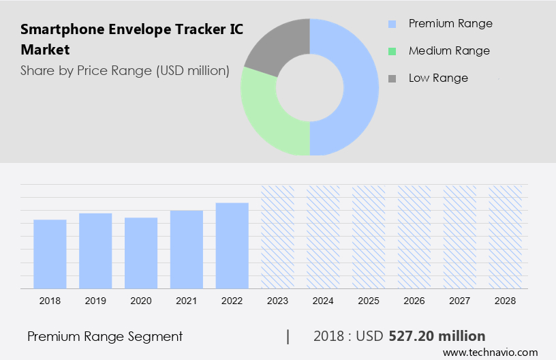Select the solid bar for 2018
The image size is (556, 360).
(50, 254)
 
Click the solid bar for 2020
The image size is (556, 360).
(141, 253)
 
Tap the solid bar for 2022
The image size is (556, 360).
(232, 245)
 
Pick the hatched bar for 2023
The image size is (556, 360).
(278, 237)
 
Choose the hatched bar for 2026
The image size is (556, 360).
(415, 237)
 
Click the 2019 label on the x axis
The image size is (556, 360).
(95, 301)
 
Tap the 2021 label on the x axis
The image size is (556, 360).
(187, 301)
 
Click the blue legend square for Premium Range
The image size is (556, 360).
(392, 24)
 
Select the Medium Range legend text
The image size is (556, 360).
(449, 50)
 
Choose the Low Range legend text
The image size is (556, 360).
(438, 78)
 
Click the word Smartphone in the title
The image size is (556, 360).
(60, 30)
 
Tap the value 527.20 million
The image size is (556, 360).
(437, 336)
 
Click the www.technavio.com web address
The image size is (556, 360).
(490, 352)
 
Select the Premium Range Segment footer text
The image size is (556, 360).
(105, 336)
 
